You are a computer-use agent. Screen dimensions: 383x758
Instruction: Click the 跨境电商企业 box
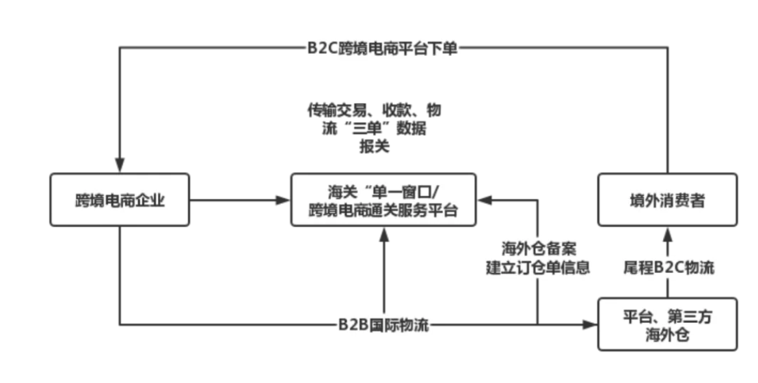[x=120, y=199]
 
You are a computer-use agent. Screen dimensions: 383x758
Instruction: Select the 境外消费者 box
[x=667, y=199]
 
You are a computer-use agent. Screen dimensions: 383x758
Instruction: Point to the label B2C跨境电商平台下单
[x=382, y=48]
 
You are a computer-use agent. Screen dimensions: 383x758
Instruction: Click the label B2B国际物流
[x=383, y=324]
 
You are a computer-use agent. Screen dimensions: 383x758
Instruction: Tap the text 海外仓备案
[x=538, y=248]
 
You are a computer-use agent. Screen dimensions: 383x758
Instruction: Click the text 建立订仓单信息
[x=538, y=267]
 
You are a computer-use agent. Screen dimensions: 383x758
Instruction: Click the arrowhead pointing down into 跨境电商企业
[x=120, y=167]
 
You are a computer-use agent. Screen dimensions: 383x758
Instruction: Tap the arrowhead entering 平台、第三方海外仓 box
[x=590, y=324]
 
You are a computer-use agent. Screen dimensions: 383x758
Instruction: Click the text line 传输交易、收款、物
[x=374, y=110]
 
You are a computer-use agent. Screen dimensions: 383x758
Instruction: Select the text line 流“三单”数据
[x=374, y=128]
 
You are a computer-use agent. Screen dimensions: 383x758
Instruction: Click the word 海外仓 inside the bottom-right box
[x=667, y=335]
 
